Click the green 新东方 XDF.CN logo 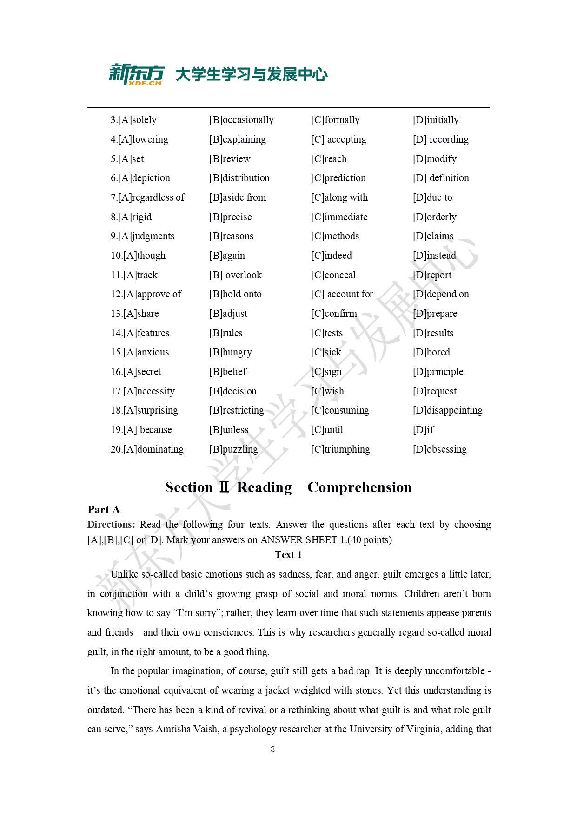click(136, 74)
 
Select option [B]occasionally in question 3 click(241, 120)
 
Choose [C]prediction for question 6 click(338, 178)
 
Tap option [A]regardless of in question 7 click(147, 197)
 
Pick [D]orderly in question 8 click(434, 217)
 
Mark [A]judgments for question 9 click(142, 236)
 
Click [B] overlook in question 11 click(235, 275)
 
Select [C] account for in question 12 click(342, 294)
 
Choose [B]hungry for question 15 click(230, 352)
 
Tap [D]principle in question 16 click(438, 372)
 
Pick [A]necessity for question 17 click(142, 391)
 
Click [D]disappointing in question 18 click(447, 410)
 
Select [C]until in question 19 click(327, 430)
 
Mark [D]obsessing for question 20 click(439, 449)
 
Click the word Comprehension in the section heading click(359, 487)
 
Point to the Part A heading click(104, 510)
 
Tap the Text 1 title click(288, 555)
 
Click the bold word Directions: click(111, 525)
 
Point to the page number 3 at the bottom click(272, 749)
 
